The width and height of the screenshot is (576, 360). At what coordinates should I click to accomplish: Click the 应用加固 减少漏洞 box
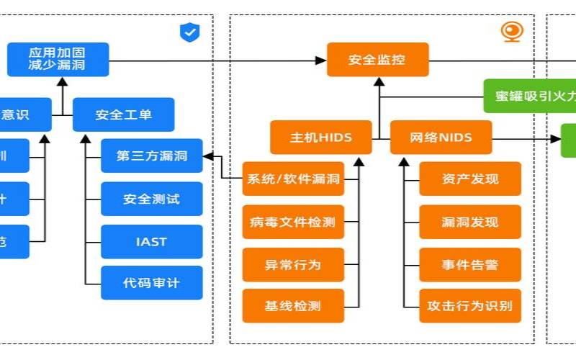[x=58, y=60]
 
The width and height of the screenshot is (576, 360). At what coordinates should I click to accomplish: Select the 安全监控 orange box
[x=377, y=60]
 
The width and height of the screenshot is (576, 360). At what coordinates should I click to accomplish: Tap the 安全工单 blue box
[x=124, y=114]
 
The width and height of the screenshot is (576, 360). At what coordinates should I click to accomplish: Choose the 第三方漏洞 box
[x=151, y=156]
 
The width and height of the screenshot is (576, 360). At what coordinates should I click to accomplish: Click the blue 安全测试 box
[x=151, y=199]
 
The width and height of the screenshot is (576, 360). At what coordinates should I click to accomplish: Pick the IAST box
[x=151, y=241]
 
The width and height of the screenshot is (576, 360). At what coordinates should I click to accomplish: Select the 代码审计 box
[x=151, y=283]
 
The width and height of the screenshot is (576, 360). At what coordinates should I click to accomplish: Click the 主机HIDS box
[x=321, y=137]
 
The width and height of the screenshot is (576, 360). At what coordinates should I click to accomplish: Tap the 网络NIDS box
[x=441, y=137]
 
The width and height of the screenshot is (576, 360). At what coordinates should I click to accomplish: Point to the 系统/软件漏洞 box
[x=293, y=179]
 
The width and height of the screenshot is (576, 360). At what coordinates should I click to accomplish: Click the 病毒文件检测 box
[x=293, y=222]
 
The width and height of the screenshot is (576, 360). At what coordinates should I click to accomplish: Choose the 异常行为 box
[x=293, y=264]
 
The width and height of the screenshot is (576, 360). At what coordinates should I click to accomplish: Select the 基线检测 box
[x=293, y=306]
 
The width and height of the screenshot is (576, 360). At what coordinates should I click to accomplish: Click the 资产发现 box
[x=470, y=179]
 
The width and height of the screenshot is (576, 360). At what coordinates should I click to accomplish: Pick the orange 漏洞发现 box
[x=470, y=222]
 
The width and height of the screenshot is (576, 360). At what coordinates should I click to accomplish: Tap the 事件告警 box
[x=470, y=264]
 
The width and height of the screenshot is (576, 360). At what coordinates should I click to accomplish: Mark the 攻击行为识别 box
[x=470, y=306]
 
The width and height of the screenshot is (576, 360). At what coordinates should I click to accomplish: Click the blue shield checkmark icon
[x=189, y=32]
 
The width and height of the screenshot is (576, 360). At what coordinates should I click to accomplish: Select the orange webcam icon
[x=512, y=32]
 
